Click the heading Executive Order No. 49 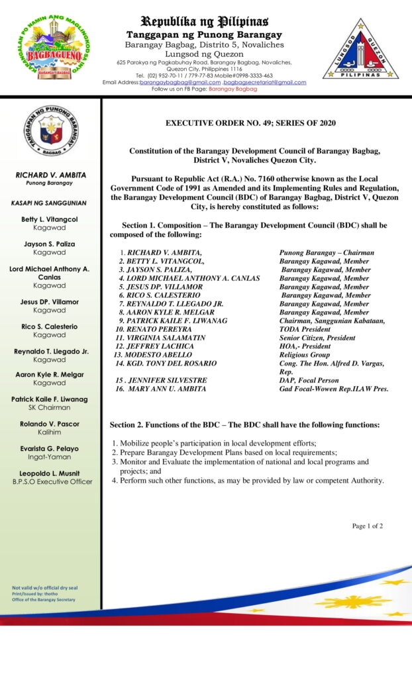coord(250,123)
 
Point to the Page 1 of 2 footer coord(367,526)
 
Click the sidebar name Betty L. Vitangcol coord(50,219)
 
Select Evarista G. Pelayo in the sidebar coord(50,449)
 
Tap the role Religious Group coord(304,354)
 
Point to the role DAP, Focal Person coord(309,380)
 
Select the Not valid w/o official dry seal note coord(45,588)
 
